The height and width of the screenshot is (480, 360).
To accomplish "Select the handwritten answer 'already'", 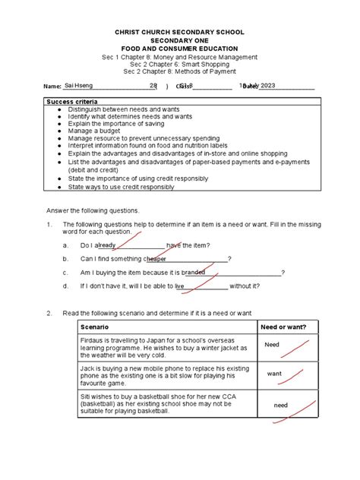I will click(106, 246).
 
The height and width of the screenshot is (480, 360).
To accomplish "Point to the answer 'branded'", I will click(193, 273).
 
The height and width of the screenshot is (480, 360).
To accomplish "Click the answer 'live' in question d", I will click(180, 286).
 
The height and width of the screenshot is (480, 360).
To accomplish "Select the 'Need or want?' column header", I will click(283, 327).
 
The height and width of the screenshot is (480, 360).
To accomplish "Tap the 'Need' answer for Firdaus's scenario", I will click(272, 345).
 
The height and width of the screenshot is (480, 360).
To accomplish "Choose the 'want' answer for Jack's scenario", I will click(274, 374).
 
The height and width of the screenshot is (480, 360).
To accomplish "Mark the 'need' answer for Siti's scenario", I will click(280, 406).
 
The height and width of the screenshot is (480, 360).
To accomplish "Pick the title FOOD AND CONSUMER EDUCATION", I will click(179, 49).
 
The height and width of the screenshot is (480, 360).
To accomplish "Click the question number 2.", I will click(49, 313).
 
